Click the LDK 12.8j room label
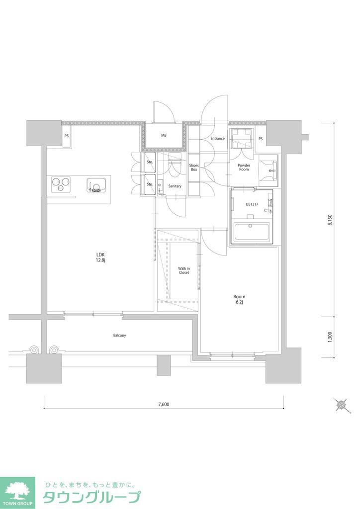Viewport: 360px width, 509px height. click(x=99, y=257)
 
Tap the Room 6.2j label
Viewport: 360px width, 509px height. click(x=239, y=299)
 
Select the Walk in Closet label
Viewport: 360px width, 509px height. click(x=184, y=270)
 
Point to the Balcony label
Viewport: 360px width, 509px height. click(x=119, y=336)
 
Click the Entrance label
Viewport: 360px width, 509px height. click(x=217, y=138)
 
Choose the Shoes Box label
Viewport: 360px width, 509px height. click(x=194, y=168)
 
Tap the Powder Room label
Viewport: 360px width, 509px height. click(x=244, y=167)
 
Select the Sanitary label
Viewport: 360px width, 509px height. click(x=175, y=186)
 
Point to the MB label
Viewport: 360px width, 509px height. click(x=164, y=135)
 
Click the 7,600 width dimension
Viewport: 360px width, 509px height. click(x=164, y=404)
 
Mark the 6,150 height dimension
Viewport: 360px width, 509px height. click(x=330, y=220)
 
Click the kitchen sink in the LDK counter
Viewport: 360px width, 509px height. click(x=95, y=185)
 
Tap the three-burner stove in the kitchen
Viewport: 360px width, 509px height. click(x=61, y=184)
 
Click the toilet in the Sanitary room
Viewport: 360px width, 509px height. click(x=175, y=166)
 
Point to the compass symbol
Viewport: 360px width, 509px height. click(x=342, y=405)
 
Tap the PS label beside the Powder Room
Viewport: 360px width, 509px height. click(x=261, y=139)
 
